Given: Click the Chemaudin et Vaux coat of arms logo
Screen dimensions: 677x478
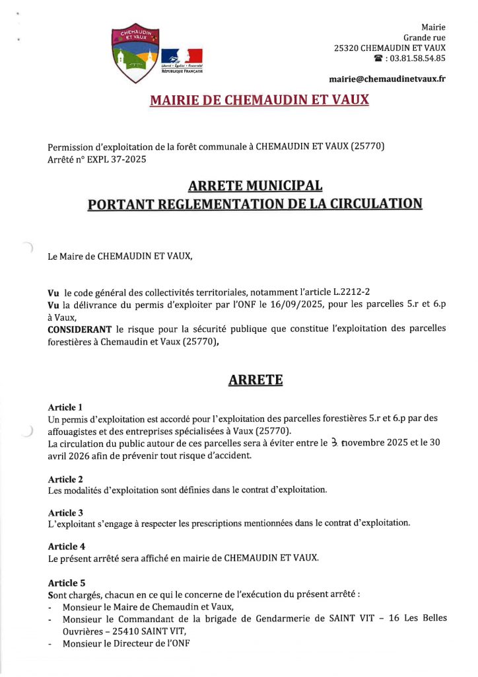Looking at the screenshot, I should pos(135,55).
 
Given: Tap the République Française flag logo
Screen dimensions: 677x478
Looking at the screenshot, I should pos(182,60).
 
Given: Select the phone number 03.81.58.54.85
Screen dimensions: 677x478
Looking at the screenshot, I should pos(418,59).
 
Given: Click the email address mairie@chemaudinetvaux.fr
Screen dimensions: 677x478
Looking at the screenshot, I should pos(387,79).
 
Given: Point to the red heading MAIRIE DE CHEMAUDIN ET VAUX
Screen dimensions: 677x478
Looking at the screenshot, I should pos(259,100).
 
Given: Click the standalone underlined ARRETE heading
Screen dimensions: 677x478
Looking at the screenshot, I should pos(255,380).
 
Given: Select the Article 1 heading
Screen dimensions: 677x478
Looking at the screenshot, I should pos(65,407).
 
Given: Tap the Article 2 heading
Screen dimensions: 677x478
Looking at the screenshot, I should pos(65,479).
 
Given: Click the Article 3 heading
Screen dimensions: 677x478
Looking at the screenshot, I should pos(65,512).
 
